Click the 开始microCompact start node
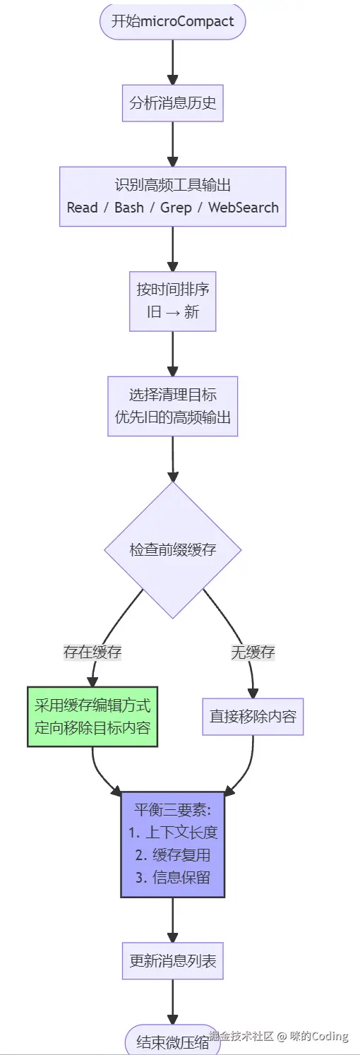tap(172, 21)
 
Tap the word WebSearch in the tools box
tap(244, 208)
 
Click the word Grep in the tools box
tap(176, 208)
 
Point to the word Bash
tap(129, 208)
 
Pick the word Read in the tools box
tap(83, 208)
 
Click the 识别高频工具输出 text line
tap(172, 186)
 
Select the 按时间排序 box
tap(172, 301)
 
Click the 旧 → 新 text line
tap(172, 312)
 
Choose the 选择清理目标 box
tap(172, 405)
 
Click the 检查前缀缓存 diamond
tap(172, 550)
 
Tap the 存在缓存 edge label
tap(92, 652)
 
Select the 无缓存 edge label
tap(253, 652)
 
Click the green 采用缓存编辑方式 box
tap(92, 716)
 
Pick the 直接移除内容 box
tap(253, 716)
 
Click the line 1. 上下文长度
tap(172, 833)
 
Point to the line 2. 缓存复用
tap(172, 855)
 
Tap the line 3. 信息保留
tap(172, 878)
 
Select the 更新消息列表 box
tap(172, 960)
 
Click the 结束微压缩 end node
tap(172, 1041)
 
